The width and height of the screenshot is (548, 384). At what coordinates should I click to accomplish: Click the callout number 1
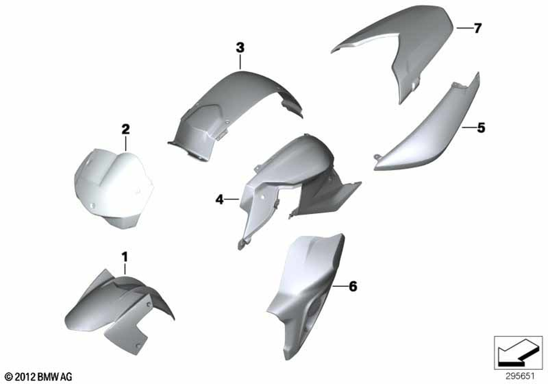point(124,257)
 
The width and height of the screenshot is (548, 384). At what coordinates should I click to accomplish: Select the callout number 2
point(125,129)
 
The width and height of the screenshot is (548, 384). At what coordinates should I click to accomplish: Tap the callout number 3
point(240,48)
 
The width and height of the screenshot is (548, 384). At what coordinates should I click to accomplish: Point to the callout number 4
point(219,200)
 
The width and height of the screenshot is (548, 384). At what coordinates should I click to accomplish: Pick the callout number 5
point(481,128)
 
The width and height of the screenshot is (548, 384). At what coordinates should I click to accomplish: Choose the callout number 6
point(353,286)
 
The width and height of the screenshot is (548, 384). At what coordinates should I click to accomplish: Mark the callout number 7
point(477,28)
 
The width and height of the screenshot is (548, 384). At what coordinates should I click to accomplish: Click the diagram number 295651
point(520,376)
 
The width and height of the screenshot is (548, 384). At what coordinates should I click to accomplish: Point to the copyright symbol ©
point(9,377)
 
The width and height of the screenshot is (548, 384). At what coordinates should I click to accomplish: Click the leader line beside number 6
point(340,286)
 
